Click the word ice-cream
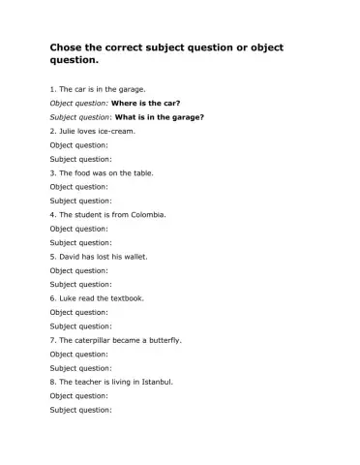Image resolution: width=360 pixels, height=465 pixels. (x=114, y=130)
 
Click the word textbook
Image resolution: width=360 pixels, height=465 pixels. (x=126, y=298)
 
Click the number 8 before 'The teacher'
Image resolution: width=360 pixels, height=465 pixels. (x=52, y=383)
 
